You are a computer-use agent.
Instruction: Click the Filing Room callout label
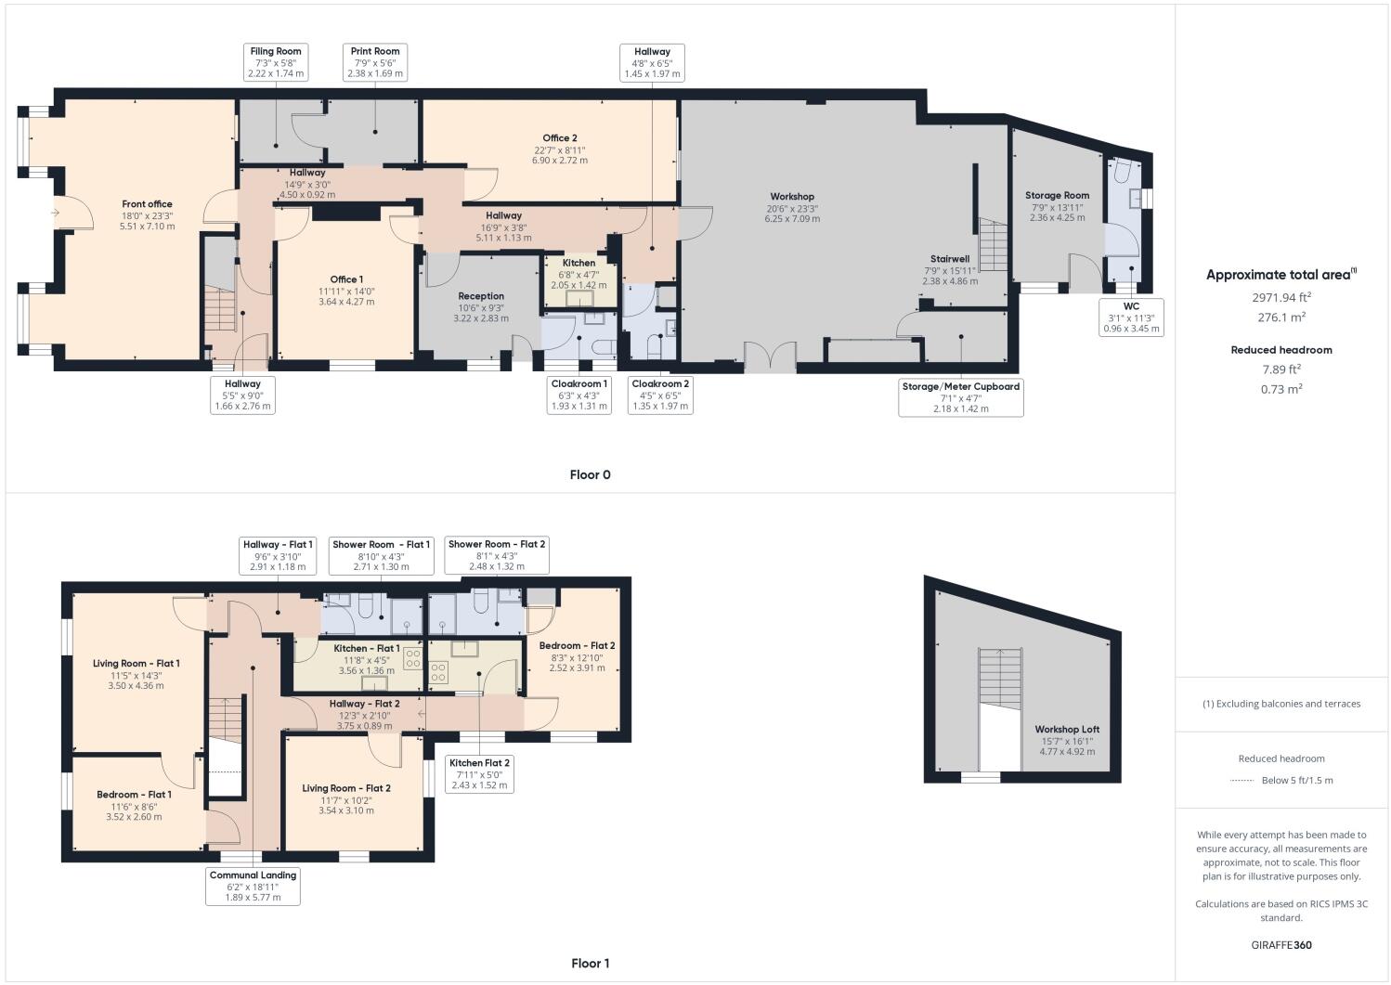point(276,62)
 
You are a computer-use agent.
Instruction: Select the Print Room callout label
point(375,62)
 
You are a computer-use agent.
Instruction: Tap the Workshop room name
point(791,197)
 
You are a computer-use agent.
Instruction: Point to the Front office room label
point(147,204)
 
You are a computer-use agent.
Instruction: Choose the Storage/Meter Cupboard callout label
point(961,396)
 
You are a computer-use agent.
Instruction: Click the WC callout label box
point(1131,317)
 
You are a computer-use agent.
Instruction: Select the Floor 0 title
point(590,474)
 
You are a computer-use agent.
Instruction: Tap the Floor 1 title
point(590,963)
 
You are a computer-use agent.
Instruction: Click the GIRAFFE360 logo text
point(1280,945)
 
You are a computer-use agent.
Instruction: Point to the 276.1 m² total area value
point(1281,317)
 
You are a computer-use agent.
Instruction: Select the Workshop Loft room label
point(1067,729)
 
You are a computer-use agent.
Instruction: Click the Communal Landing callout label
point(253,886)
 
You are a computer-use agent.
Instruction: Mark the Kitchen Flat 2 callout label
point(479,773)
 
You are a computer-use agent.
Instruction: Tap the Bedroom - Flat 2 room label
point(577,645)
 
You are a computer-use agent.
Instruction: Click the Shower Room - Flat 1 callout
point(381,555)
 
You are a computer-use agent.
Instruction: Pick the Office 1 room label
point(346,279)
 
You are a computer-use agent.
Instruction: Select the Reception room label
point(481,296)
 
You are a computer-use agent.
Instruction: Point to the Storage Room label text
point(1057,196)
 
